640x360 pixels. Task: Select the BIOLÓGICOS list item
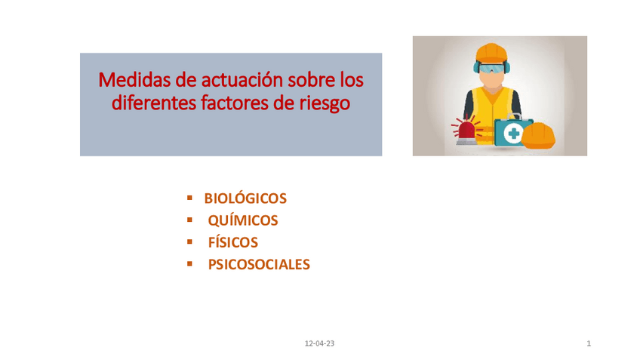click(245, 198)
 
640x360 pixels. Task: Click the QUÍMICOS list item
click(242, 220)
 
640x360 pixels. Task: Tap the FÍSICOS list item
click(232, 242)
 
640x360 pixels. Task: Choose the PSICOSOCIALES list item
click(259, 264)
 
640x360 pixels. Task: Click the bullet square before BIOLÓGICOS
click(189, 198)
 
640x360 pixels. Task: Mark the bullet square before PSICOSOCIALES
click(189, 263)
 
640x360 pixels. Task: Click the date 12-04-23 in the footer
click(319, 343)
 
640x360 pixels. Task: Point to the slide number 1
click(589, 343)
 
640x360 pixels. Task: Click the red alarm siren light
click(467, 129)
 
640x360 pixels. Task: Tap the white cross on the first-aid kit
click(514, 134)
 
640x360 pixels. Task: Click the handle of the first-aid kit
click(514, 118)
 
